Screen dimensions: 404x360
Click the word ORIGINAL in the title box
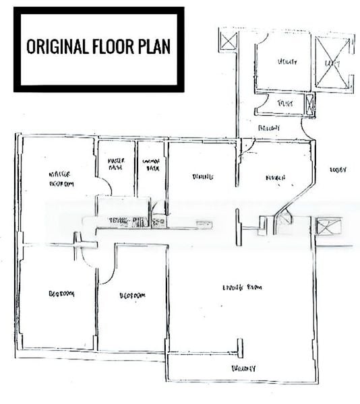click(x=57, y=46)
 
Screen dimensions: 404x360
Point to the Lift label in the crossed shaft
click(x=332, y=63)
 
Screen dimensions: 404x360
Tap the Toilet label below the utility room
click(x=286, y=103)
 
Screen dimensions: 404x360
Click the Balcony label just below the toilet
click(x=269, y=127)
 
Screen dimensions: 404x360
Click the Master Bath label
click(x=117, y=164)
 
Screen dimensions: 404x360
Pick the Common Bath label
click(x=151, y=164)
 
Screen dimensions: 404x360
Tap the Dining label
click(x=202, y=176)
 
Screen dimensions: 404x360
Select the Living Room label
click(x=241, y=288)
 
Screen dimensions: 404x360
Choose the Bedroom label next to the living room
click(x=132, y=296)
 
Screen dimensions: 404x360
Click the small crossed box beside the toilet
click(x=309, y=104)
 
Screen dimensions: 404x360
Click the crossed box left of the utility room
click(x=229, y=42)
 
